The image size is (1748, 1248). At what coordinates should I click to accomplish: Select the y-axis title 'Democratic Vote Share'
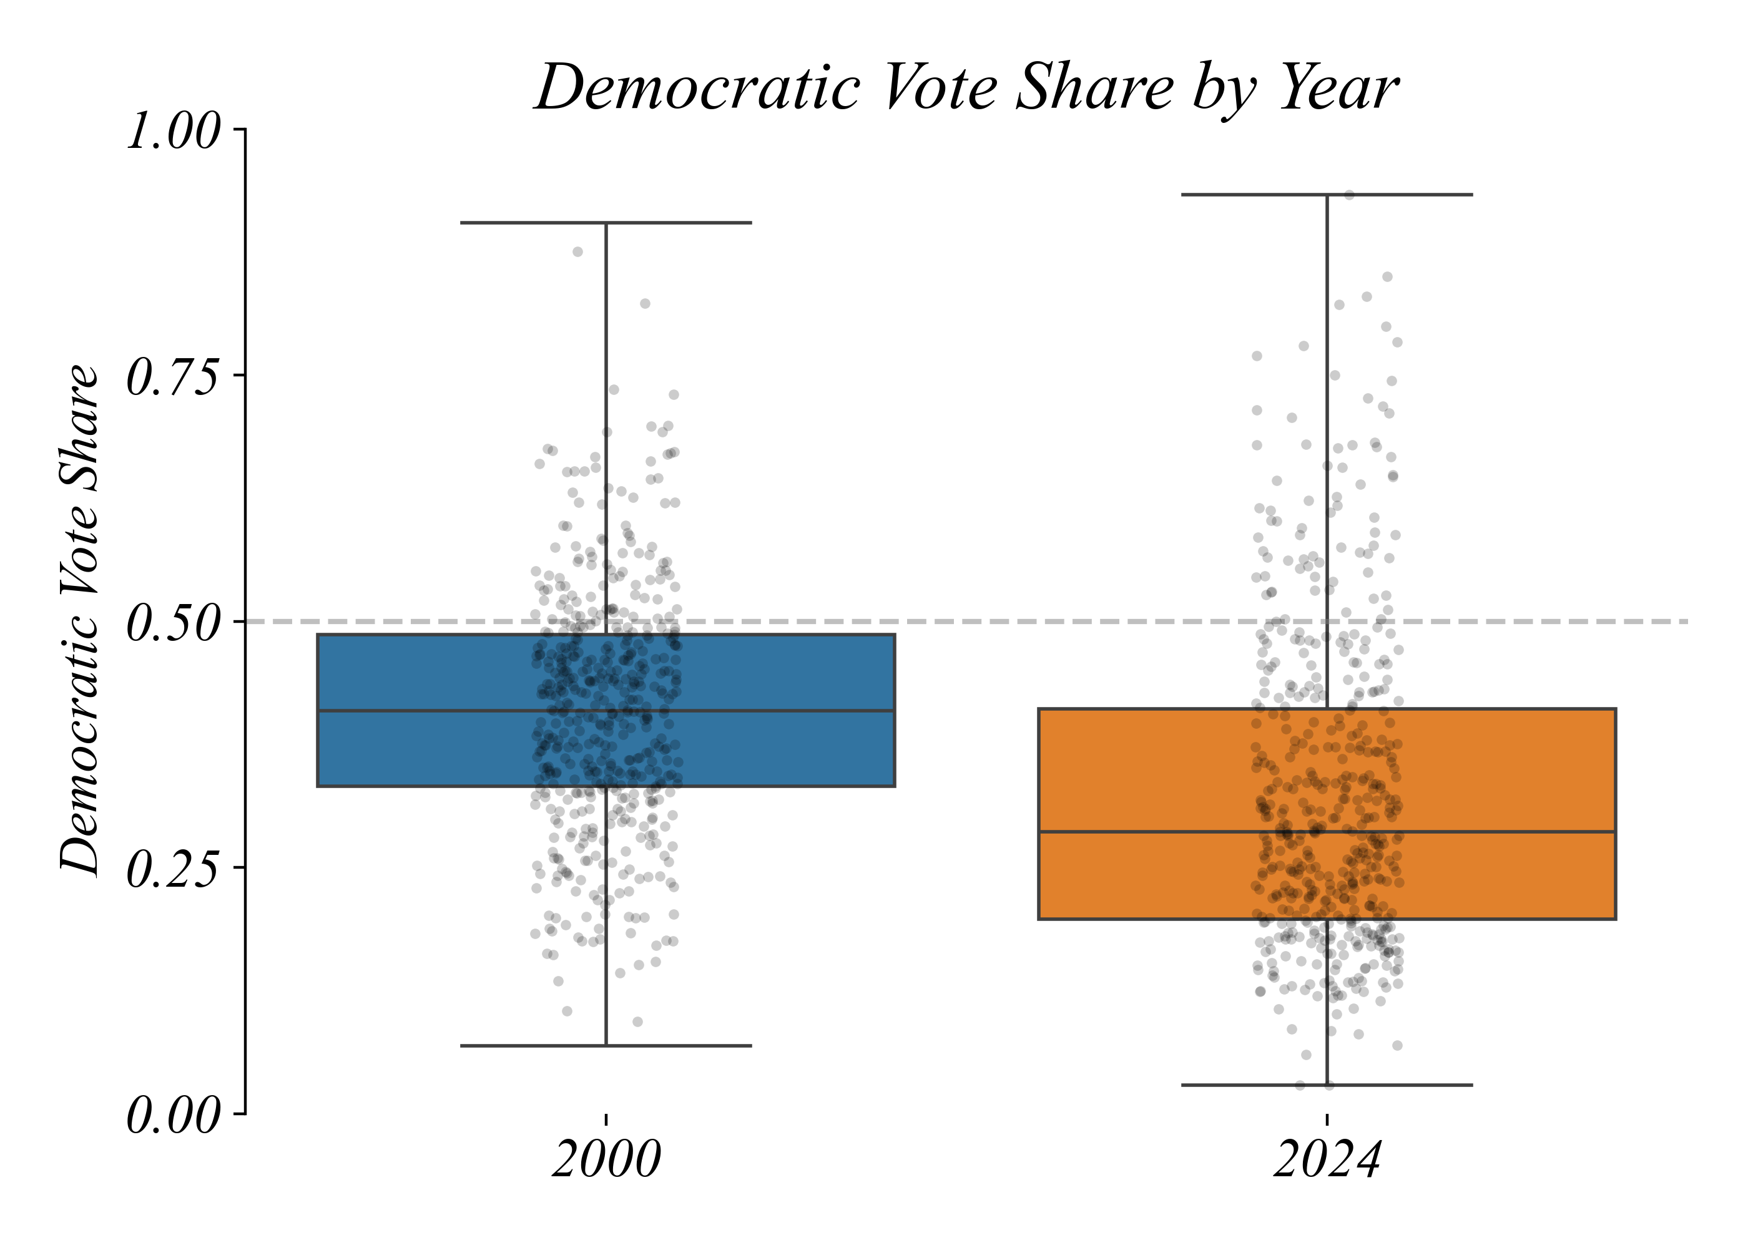coord(80,620)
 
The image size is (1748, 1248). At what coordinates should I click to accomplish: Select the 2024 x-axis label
coord(1327,1158)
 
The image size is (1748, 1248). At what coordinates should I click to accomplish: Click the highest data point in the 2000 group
coord(578,251)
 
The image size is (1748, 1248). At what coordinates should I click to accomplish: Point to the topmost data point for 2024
coord(1349,195)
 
